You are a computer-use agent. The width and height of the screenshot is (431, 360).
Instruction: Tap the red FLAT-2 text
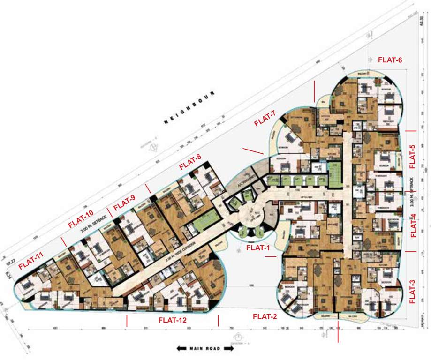(265, 316)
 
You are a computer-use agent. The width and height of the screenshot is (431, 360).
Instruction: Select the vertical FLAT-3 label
(412, 292)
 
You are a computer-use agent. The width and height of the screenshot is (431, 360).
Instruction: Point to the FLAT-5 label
(412, 156)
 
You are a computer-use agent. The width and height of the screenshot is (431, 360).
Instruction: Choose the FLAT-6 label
(390, 60)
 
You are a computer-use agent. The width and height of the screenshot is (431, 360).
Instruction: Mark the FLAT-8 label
(190, 160)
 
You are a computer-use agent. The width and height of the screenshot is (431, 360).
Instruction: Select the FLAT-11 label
(31, 260)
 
